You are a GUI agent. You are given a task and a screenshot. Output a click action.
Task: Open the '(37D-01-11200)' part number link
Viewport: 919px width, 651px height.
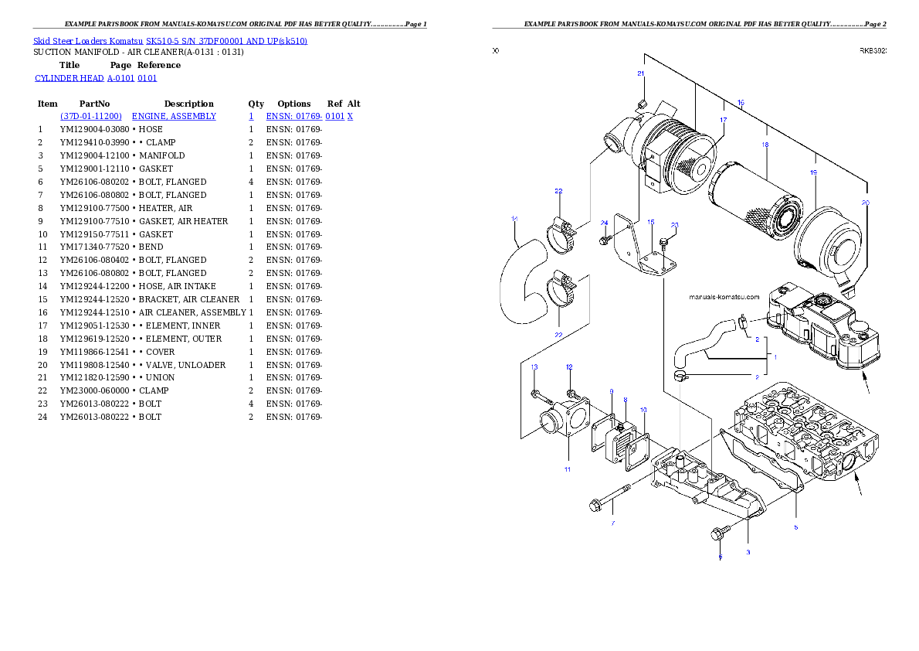tap(91, 116)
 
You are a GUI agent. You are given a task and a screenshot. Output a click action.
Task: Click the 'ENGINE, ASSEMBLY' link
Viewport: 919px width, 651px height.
tap(174, 116)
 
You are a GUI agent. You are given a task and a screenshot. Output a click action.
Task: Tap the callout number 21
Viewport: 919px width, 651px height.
tap(641, 73)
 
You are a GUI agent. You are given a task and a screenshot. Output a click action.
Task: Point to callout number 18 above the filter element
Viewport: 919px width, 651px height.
tap(765, 145)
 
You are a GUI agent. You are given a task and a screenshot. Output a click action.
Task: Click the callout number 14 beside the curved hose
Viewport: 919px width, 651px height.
tap(514, 219)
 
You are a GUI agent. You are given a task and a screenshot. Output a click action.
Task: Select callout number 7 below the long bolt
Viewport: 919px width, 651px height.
tap(613, 523)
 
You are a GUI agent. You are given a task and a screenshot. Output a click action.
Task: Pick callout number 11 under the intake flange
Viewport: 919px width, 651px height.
tap(568, 469)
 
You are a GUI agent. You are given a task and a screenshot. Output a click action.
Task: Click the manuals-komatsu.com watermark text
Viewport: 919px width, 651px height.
tap(724, 297)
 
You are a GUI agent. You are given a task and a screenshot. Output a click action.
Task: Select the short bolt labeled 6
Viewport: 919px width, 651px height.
tap(721, 533)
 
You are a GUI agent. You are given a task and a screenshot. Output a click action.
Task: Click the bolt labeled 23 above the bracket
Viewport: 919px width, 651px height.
tap(665, 244)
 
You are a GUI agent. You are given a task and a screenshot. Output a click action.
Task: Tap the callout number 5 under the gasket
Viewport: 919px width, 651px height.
tap(796, 527)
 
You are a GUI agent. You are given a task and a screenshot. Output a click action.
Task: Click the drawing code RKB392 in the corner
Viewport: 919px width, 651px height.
tap(873, 51)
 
